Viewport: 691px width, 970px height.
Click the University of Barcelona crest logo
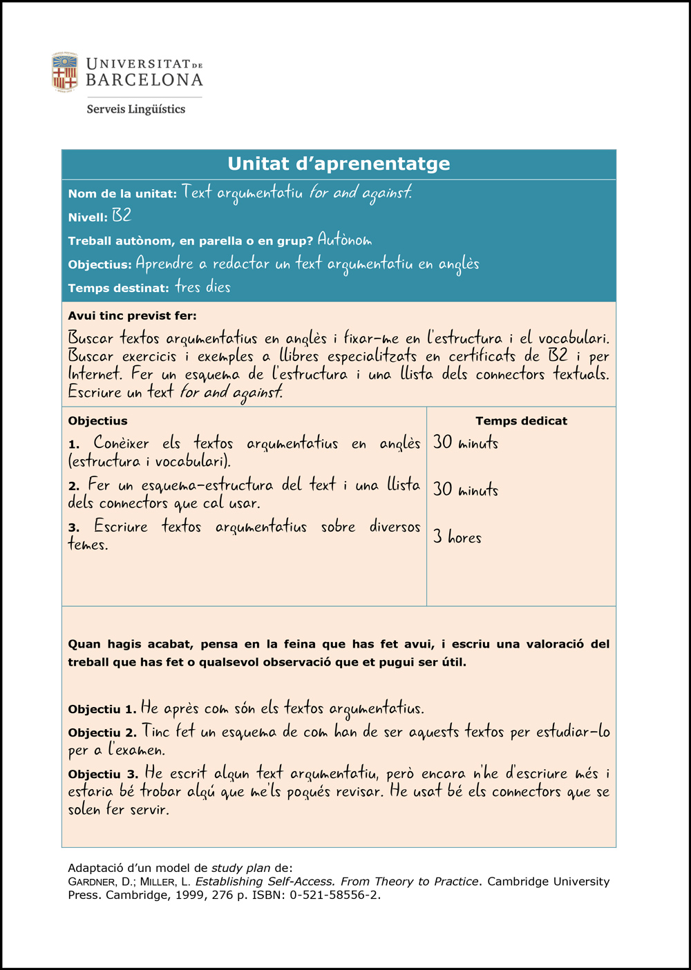[65, 72]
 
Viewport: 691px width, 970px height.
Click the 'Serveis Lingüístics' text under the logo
[136, 109]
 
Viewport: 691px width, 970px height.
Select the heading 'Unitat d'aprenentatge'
[339, 164]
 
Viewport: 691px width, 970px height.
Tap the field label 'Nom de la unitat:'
[122, 194]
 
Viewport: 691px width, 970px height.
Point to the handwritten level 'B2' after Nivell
[122, 215]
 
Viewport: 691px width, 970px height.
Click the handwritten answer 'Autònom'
[345, 240]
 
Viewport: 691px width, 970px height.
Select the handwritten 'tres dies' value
[202, 287]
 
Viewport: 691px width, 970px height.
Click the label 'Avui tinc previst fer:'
[132, 316]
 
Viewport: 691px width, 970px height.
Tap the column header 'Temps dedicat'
[521, 421]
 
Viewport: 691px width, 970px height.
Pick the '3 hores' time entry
[457, 537]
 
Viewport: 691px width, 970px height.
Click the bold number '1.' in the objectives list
[75, 445]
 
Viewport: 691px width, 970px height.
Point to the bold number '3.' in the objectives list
[74, 528]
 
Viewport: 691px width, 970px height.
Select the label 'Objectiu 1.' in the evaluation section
[102, 709]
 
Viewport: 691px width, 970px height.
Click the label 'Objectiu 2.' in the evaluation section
[102, 733]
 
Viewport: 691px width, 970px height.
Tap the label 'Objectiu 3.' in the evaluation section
[102, 775]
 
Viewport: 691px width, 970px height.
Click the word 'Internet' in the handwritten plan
[96, 374]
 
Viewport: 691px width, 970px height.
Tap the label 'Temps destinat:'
[118, 289]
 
